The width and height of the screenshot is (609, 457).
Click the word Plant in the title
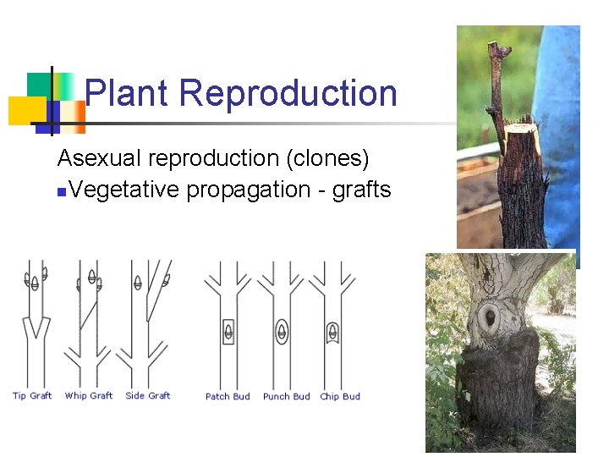(x=128, y=93)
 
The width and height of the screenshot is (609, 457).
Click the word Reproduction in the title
(x=288, y=93)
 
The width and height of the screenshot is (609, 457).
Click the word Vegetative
(x=125, y=190)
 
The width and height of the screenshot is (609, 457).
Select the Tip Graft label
(x=32, y=395)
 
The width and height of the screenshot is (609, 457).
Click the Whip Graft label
(x=88, y=395)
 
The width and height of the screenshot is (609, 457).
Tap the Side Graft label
(x=147, y=395)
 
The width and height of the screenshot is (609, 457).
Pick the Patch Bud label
(x=228, y=396)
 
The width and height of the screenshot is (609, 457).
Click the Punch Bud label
(x=286, y=396)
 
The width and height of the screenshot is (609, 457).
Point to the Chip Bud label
(x=340, y=396)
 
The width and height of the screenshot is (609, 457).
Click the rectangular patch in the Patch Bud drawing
(x=228, y=331)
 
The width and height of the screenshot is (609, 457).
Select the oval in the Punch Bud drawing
(x=283, y=330)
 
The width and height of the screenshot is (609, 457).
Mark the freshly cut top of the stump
(x=521, y=129)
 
